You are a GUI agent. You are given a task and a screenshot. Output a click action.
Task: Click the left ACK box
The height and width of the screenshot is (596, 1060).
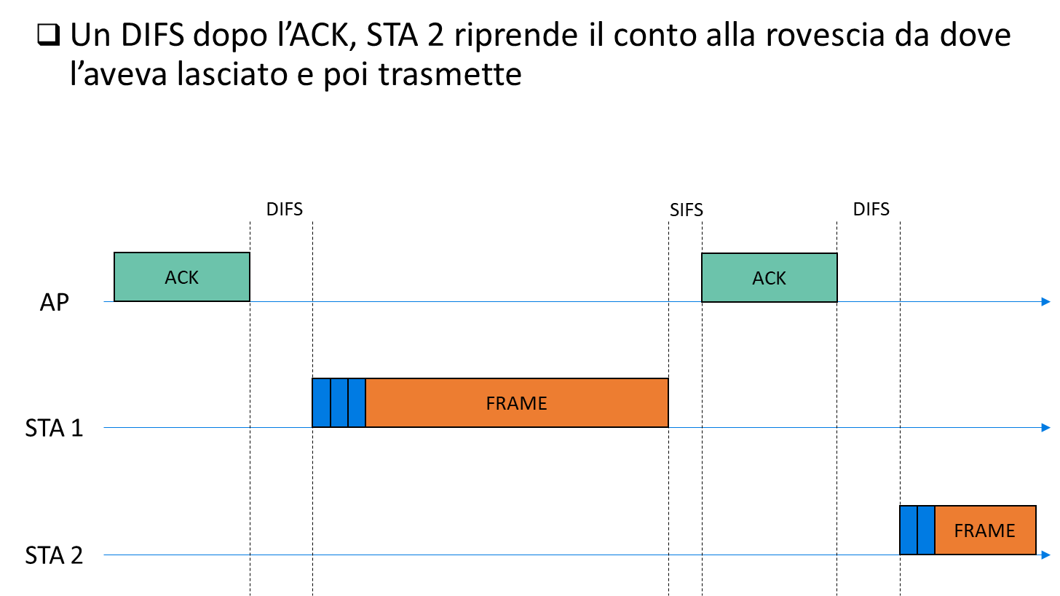[x=182, y=277]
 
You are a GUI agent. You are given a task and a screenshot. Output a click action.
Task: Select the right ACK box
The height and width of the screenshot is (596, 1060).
[x=769, y=277]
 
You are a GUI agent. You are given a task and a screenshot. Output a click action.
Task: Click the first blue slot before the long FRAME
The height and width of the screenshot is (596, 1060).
[x=321, y=402]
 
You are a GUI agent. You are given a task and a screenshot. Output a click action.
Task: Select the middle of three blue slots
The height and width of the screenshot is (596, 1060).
[x=339, y=402]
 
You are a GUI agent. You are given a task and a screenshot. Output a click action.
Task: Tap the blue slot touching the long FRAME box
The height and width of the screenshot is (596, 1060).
[x=357, y=402]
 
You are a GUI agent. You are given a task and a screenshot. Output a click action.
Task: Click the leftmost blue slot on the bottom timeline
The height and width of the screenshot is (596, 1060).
[x=909, y=530]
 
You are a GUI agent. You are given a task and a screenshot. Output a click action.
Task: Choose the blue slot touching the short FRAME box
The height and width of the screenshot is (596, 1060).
[x=926, y=530]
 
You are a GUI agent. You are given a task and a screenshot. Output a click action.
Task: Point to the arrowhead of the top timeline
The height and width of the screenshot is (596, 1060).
[x=1046, y=301]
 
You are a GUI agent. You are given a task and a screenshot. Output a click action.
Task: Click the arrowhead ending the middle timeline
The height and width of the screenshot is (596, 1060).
[x=1046, y=427]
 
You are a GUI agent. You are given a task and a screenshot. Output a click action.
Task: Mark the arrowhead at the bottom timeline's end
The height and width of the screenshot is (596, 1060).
[x=1046, y=555]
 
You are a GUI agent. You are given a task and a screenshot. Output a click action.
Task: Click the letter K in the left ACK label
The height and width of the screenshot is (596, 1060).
[x=193, y=277]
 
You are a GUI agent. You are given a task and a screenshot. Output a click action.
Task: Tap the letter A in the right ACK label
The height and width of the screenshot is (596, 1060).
[x=758, y=278]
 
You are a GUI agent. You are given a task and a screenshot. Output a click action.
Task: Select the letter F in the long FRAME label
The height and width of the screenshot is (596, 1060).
[x=491, y=403]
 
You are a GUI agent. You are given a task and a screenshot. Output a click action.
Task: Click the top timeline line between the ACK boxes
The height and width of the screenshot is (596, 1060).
[x=473, y=301]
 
